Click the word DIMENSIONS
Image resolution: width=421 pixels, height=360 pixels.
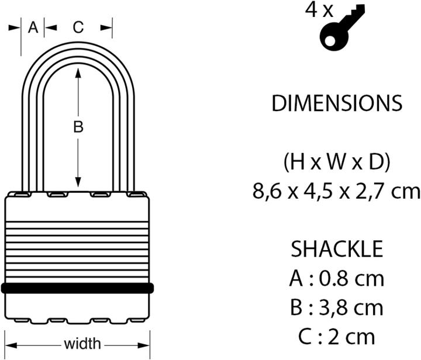point(337,103)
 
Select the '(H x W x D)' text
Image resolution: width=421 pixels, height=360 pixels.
point(337,162)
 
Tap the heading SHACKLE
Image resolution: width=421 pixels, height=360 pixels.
point(337,249)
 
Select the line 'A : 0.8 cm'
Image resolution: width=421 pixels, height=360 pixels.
point(337,278)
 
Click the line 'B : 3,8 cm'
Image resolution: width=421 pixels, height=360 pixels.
point(337,307)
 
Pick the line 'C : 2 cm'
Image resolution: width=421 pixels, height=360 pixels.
point(337,337)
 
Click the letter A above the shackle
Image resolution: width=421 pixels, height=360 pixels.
point(33,27)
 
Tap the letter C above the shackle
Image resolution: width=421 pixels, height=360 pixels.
point(78,27)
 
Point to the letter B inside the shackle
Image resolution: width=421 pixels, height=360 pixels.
point(78,127)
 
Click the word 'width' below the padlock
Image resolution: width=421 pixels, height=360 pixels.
point(82,344)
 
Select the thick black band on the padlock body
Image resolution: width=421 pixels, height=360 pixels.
point(78,288)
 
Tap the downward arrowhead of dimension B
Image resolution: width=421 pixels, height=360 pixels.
point(78,181)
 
